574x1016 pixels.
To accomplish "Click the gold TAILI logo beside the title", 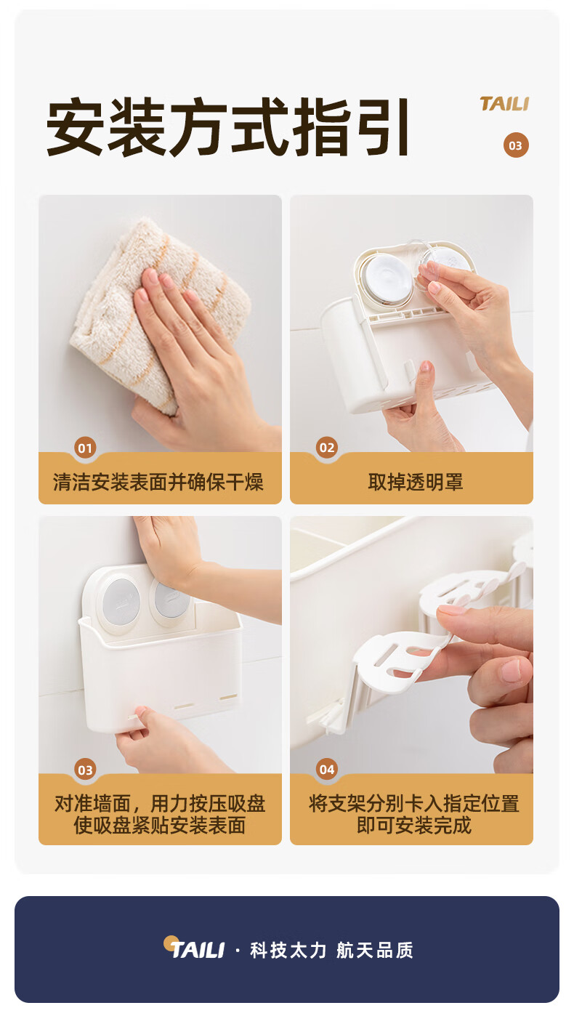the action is click(504, 103).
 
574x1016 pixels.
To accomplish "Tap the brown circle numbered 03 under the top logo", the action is click(516, 145).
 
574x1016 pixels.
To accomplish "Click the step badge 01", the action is click(85, 448).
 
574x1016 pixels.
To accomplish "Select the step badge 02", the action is click(327, 448).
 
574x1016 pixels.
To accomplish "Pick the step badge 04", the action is click(327, 769).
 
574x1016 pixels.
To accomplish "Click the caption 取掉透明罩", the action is click(416, 482).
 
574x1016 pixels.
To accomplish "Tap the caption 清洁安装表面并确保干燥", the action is click(158, 482).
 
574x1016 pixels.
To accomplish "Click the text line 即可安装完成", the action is click(413, 825).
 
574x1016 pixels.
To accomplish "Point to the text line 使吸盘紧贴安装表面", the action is click(160, 825).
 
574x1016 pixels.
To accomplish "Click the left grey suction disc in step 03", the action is click(121, 602).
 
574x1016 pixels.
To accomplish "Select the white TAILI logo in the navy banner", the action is click(194, 948).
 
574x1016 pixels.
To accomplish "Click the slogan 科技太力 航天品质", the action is click(331, 950).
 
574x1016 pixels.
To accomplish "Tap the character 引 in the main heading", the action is click(383, 126).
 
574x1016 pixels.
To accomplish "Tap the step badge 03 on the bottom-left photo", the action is click(85, 770).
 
